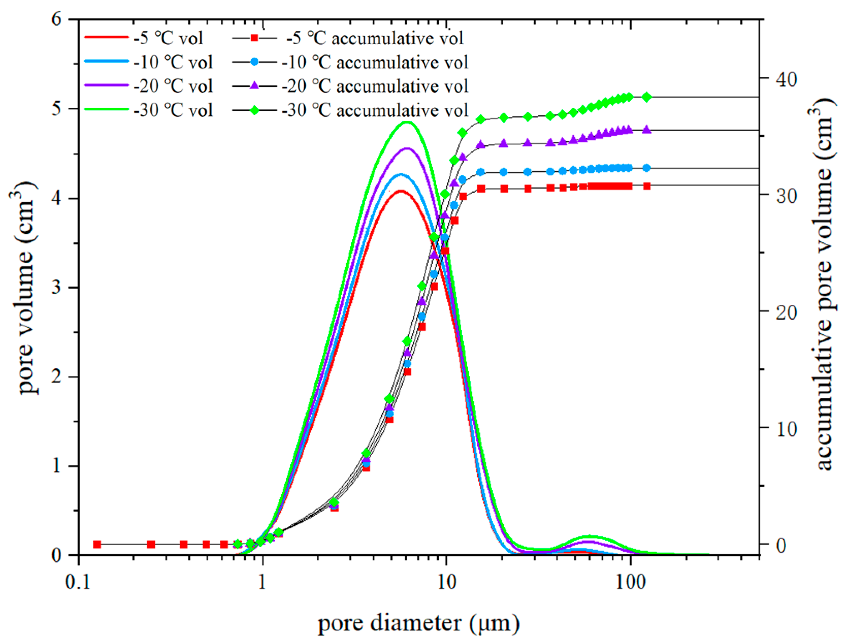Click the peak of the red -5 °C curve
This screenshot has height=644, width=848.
[400, 191]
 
